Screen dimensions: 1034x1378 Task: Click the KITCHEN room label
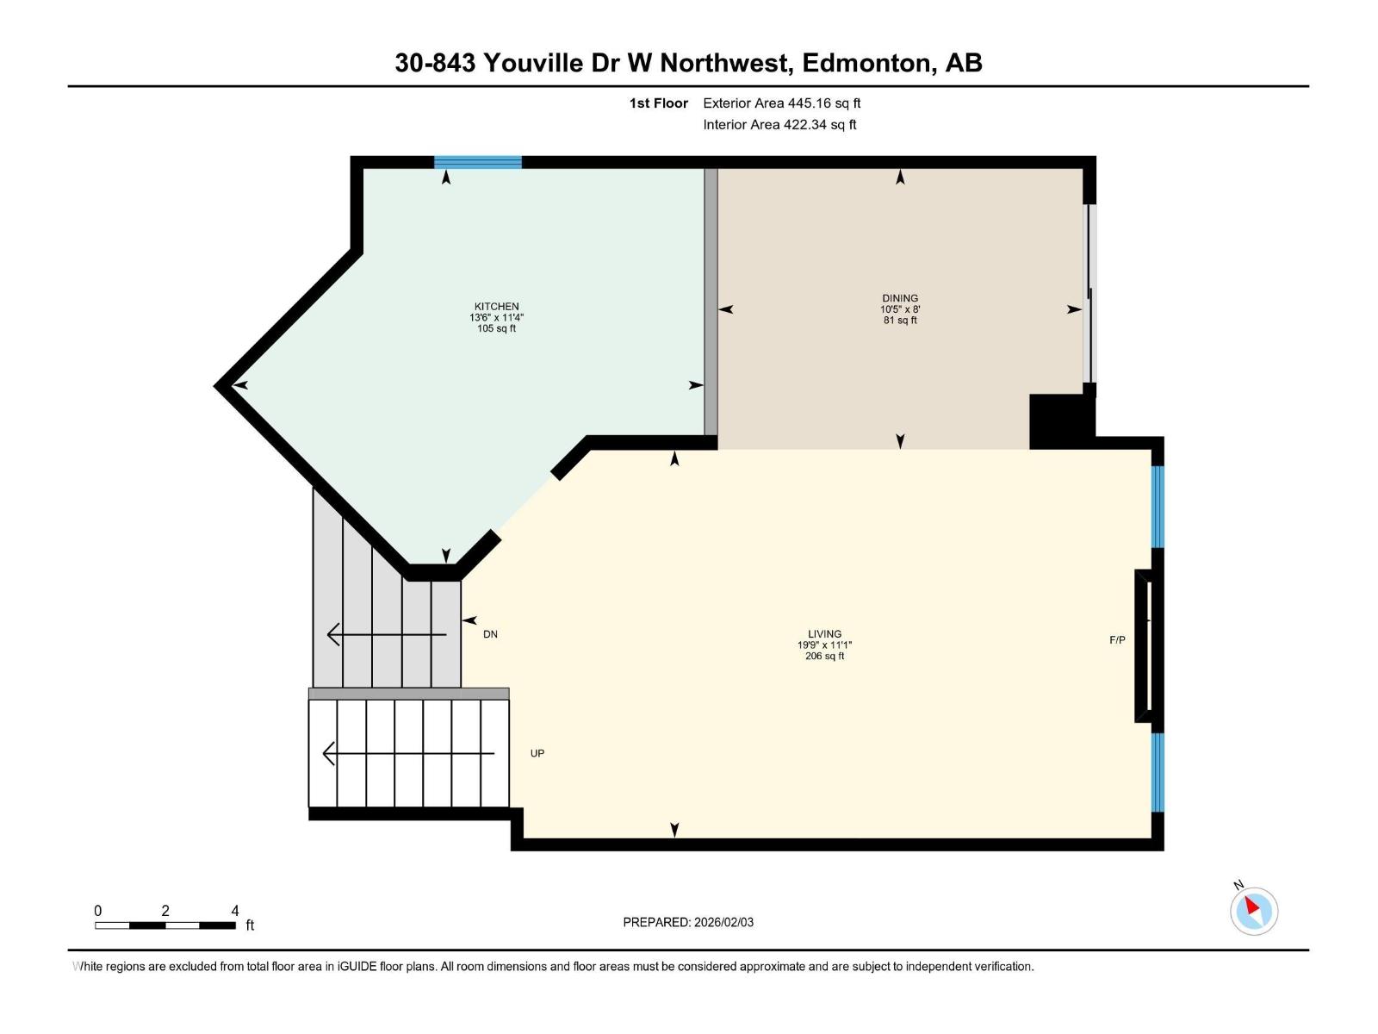496,307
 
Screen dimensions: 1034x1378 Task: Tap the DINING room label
899,298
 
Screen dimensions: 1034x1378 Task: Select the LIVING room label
824,634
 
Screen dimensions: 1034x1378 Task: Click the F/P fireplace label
1117,640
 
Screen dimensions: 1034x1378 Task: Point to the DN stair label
490,635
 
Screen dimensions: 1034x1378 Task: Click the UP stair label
537,754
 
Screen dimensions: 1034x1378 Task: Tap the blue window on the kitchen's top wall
477,162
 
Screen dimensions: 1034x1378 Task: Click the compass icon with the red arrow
1253,911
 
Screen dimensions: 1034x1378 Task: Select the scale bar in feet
165,925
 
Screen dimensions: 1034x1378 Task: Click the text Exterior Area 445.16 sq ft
781,103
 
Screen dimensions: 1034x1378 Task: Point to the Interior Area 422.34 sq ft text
779,125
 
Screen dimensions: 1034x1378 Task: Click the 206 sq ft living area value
824,657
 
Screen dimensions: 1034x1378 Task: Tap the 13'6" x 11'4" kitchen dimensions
496,318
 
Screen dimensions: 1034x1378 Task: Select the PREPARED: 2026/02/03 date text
688,923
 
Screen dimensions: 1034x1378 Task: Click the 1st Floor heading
658,103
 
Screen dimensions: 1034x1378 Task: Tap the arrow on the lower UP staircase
408,754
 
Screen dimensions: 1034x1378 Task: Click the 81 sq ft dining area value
899,321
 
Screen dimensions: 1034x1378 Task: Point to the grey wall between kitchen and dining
711,302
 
